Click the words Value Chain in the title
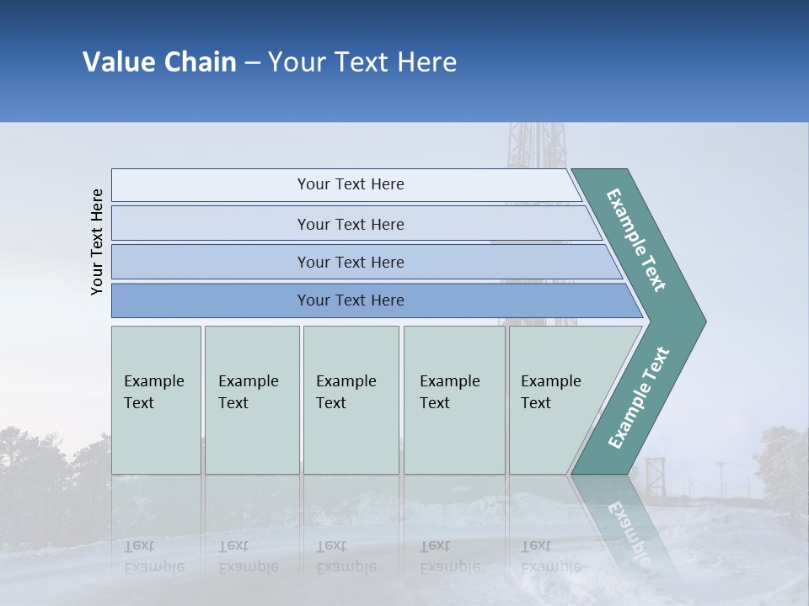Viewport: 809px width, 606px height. coord(159,62)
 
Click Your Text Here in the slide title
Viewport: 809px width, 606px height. coord(362,62)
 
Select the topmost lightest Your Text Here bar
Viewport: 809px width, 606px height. coord(351,184)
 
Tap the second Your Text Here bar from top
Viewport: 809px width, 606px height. coord(351,224)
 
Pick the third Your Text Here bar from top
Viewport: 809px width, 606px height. coord(351,262)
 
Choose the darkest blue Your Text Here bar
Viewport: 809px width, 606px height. coord(351,300)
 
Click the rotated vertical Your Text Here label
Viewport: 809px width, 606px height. coord(97,242)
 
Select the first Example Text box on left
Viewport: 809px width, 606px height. coord(156,400)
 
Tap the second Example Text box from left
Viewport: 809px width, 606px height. coord(251,400)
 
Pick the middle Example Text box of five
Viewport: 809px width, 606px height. coord(351,400)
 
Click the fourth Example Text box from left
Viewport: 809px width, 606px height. coord(453,400)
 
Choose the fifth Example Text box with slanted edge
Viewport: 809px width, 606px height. coord(556,400)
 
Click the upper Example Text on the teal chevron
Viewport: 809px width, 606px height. coord(636,240)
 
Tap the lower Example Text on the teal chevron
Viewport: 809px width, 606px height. coord(639,397)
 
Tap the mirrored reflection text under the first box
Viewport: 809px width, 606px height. coord(154,555)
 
